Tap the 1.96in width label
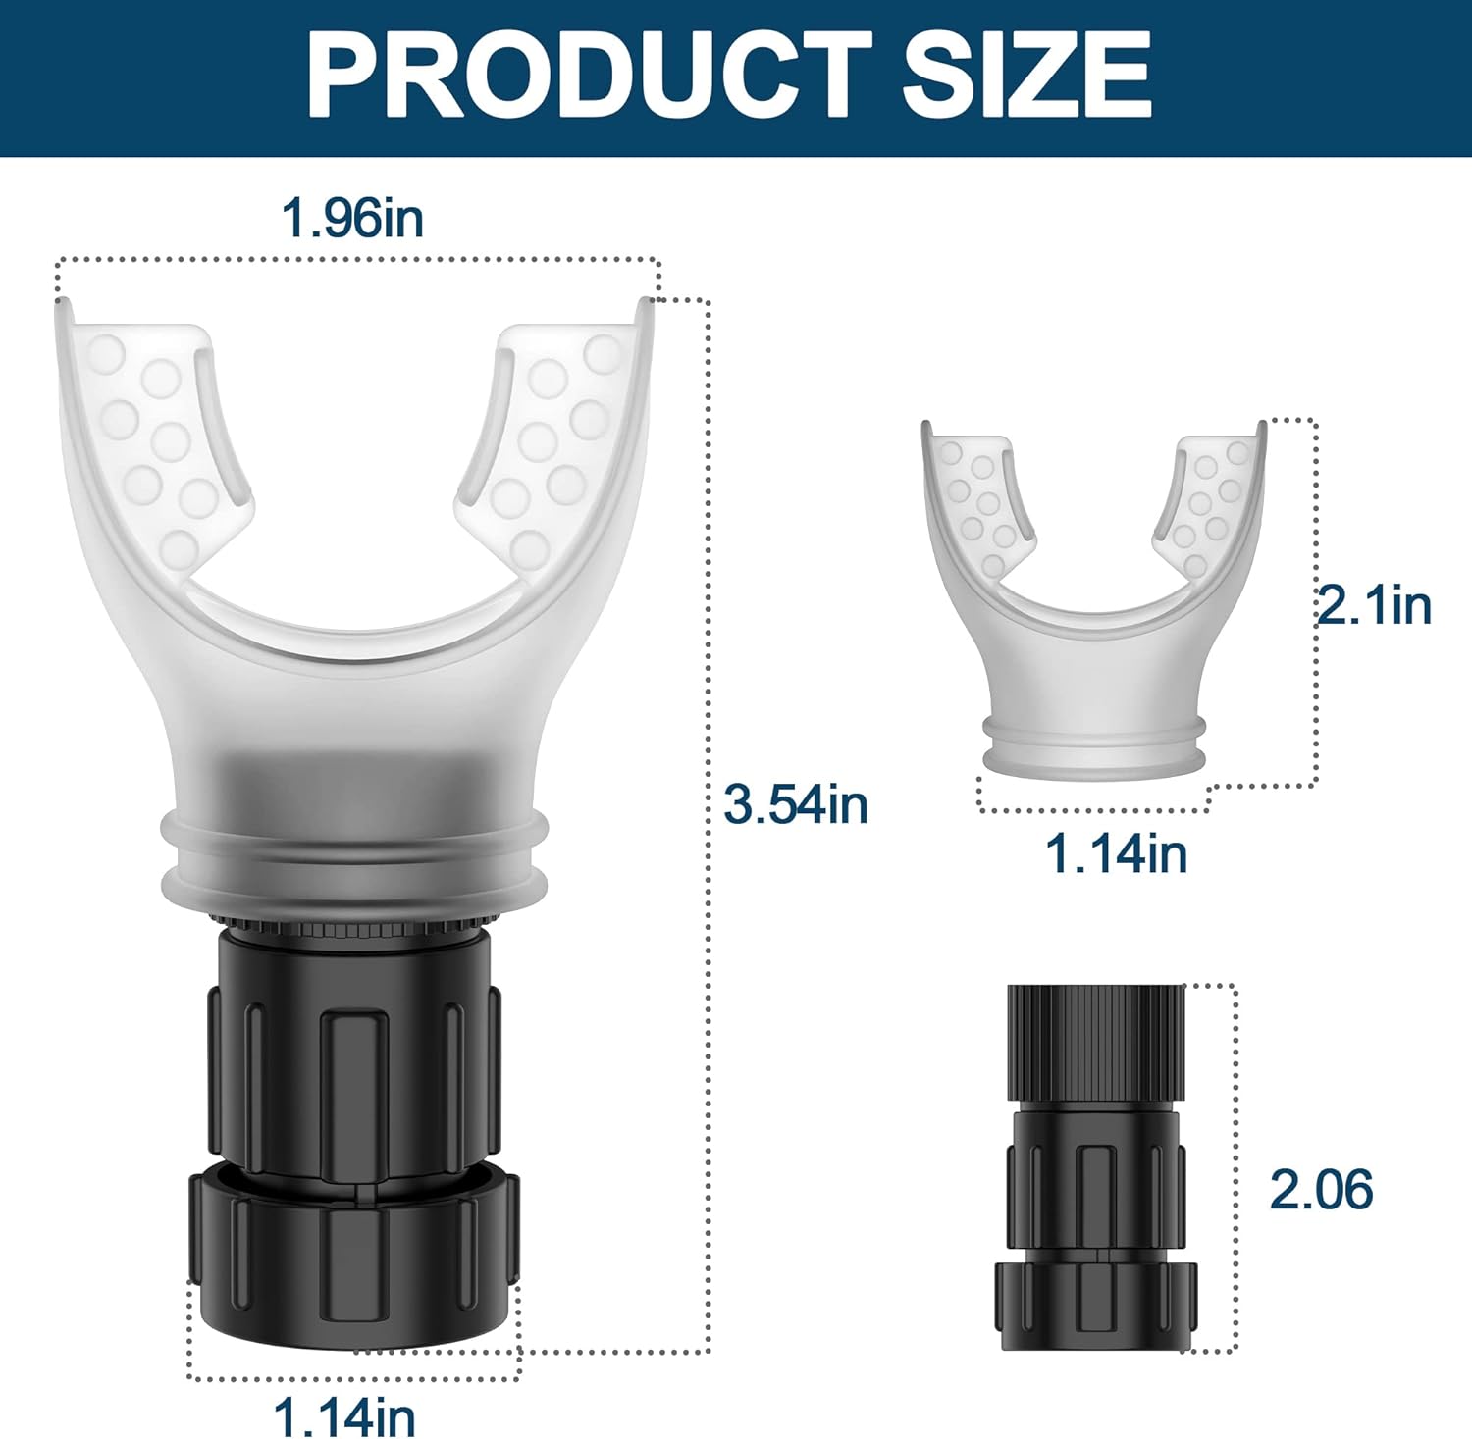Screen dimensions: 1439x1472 tap(352, 217)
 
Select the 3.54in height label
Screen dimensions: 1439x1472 tap(796, 804)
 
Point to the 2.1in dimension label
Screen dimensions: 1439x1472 tap(1373, 605)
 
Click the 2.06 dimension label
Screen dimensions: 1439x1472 tap(1321, 1189)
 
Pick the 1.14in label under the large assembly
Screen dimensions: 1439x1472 tap(343, 1416)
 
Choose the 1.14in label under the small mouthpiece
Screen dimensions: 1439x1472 tap(1116, 852)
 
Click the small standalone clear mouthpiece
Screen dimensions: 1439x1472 tap(1094, 628)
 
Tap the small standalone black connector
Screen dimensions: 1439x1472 tap(1096, 1167)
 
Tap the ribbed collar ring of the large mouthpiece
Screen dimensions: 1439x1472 tap(354, 853)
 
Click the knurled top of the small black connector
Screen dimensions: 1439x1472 tap(1096, 1040)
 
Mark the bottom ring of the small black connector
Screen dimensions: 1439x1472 tap(1096, 1305)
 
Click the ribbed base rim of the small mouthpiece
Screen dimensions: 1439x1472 tap(1094, 750)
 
